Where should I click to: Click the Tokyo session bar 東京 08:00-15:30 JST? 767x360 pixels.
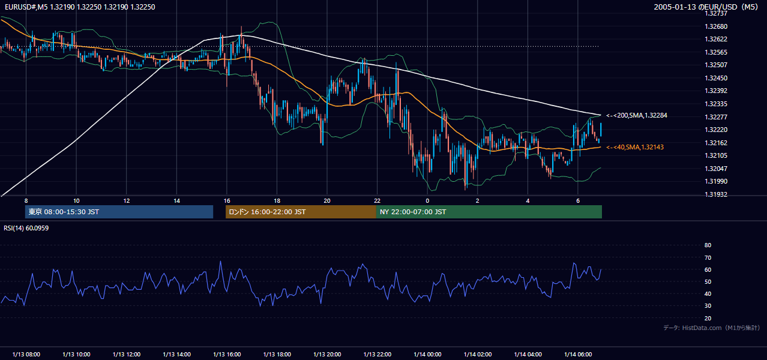coord(119,212)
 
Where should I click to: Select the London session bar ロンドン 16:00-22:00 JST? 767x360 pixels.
coord(301,212)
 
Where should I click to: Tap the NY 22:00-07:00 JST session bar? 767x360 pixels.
coord(489,212)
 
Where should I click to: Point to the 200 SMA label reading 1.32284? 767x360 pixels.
coord(637,115)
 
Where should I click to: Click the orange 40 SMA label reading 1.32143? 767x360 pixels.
coord(635,147)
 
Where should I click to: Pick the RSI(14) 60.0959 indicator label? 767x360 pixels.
coord(26,228)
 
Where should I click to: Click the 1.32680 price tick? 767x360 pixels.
coord(716,26)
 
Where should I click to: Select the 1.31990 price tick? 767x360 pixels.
coord(716,181)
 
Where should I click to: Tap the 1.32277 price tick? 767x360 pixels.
coord(716,117)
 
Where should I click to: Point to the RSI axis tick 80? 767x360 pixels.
coord(708,245)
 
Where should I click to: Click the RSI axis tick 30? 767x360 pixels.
coord(708,305)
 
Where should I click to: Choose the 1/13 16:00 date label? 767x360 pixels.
coord(227,354)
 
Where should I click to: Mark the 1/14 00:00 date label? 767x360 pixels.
coord(427,354)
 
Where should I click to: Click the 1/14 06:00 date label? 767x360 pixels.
coord(578,354)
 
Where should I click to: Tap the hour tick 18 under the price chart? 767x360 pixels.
coord(277,201)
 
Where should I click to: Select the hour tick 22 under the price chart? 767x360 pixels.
coord(377,201)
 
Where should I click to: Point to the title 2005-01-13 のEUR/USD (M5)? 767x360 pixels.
coord(706,7)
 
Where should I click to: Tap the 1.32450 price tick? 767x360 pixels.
coord(716,78)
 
